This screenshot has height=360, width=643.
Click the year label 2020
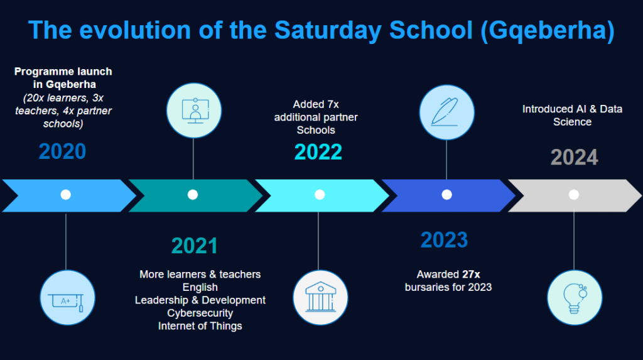click(62, 151)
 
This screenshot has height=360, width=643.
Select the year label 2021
click(195, 246)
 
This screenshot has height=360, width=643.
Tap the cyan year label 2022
click(318, 152)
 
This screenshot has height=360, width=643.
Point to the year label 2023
click(444, 240)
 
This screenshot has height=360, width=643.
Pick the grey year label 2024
click(574, 157)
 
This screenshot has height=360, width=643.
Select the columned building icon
click(320, 298)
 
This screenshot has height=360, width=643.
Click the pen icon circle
click(446, 112)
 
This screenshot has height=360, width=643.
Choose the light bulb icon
click(575, 298)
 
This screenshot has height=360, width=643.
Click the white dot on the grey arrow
click(574, 195)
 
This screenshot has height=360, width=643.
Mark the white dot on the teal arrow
click(193, 195)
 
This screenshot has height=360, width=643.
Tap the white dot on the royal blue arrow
click(446, 195)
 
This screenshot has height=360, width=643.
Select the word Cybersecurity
click(200, 314)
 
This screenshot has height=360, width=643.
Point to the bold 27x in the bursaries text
click(471, 274)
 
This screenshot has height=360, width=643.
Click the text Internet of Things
click(200, 326)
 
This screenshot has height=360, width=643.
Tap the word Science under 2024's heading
click(572, 122)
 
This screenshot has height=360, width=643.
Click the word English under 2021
click(200, 287)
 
